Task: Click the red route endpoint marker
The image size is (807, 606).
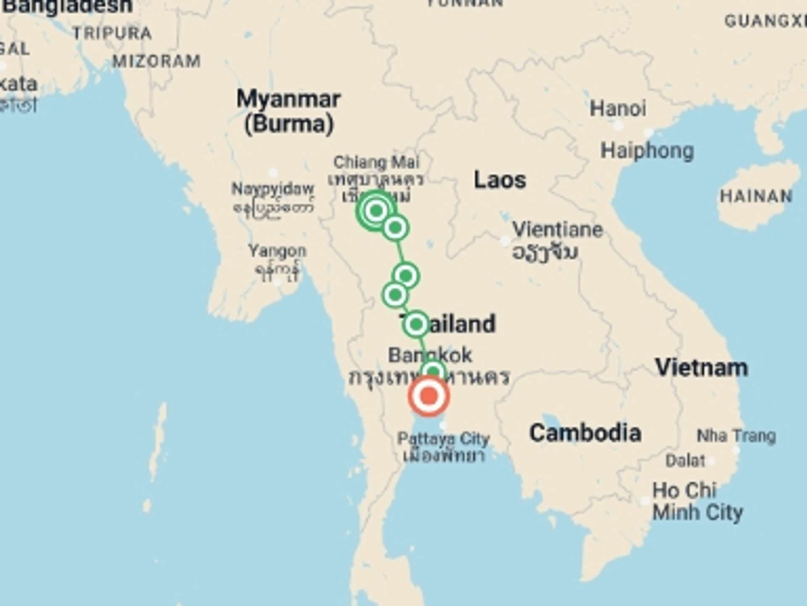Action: [429, 396]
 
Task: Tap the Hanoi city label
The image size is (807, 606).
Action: [617, 109]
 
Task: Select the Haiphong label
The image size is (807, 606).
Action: [647, 151]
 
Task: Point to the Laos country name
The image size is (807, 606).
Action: [500, 180]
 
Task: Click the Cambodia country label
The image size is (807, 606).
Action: [585, 433]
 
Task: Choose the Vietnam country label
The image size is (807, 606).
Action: [702, 367]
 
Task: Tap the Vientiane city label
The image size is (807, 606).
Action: [557, 230]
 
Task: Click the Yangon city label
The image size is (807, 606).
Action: [277, 251]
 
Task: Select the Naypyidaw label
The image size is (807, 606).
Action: [272, 189]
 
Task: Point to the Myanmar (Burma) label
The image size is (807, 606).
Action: [289, 112]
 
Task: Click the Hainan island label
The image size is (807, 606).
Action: [756, 196]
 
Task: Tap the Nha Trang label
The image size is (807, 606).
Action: [736, 436]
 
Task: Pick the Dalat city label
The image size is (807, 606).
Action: [685, 460]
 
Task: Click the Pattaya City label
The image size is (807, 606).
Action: [443, 439]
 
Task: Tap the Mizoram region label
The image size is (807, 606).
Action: [156, 61]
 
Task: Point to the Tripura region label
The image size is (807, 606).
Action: [112, 33]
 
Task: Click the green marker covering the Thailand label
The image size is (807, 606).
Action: [416, 324]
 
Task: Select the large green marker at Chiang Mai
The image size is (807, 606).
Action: [376, 210]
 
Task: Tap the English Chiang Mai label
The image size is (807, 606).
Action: [376, 162]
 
